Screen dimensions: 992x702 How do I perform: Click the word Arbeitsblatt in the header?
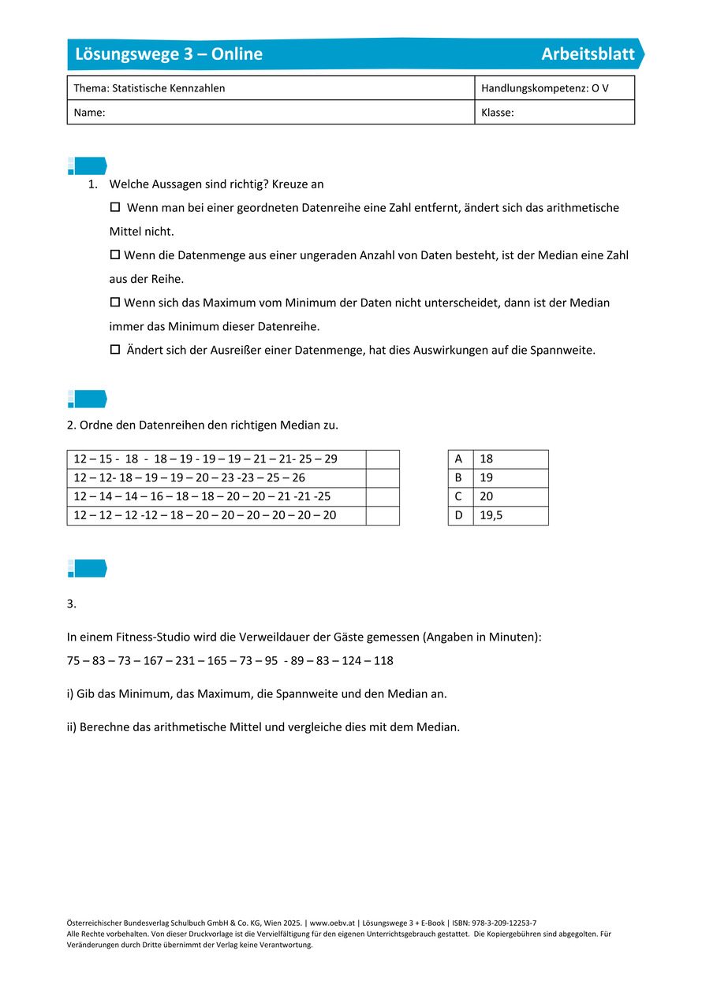(x=588, y=54)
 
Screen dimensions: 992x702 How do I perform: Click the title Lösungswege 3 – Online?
(x=169, y=54)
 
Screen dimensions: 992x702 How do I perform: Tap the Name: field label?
(x=89, y=113)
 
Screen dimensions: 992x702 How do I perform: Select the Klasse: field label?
(x=498, y=113)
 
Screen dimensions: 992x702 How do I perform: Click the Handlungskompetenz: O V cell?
(x=545, y=88)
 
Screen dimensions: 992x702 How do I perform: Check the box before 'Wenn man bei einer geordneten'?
(x=114, y=207)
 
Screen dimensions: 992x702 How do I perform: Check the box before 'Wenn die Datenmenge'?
(x=114, y=255)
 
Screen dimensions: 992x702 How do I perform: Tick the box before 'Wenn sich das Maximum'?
(x=114, y=303)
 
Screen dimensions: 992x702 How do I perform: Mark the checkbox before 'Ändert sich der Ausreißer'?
(x=114, y=350)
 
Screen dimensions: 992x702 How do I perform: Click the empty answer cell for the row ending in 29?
(x=383, y=459)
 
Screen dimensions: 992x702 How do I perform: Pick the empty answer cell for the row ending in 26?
(x=383, y=477)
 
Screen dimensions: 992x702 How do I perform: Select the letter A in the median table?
(x=459, y=459)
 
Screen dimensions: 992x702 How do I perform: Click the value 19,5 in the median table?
(x=492, y=516)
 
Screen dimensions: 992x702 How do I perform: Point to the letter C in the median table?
(x=459, y=497)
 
